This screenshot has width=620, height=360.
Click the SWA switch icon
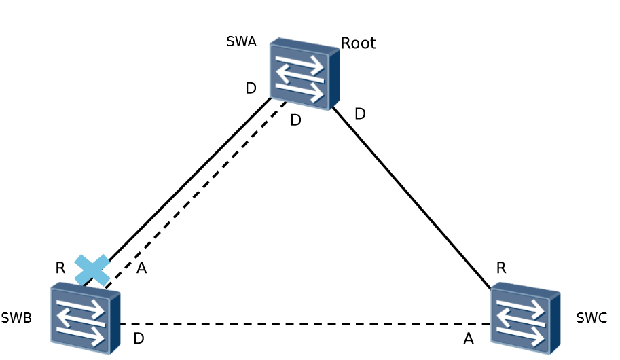click(304, 74)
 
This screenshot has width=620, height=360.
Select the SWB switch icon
click(85, 318)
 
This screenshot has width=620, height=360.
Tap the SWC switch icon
click(525, 318)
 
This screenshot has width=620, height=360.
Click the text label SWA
click(241, 41)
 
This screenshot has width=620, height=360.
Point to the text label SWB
click(16, 317)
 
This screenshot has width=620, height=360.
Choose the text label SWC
click(591, 317)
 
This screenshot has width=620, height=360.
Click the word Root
click(358, 43)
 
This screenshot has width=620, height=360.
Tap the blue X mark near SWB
click(92, 270)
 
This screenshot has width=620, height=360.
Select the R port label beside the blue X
click(60, 268)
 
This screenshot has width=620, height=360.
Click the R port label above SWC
click(501, 268)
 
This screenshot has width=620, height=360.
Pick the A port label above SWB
click(141, 268)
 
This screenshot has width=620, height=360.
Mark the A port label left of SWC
click(468, 338)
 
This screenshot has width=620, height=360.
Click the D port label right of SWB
click(139, 338)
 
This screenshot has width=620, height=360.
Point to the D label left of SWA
click(251, 88)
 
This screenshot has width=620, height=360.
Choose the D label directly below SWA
click(295, 120)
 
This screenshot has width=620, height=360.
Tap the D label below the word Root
click(360, 113)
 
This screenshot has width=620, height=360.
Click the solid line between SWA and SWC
click(411, 198)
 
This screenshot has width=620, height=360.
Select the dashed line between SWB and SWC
click(306, 324)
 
